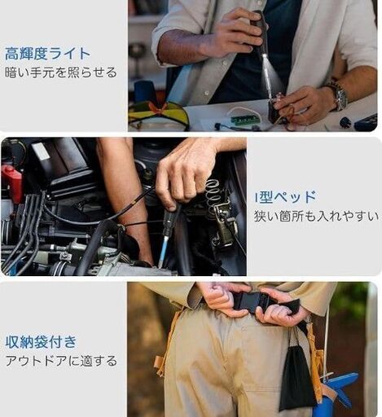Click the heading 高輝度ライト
(x=47, y=54)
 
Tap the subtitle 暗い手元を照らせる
(x=61, y=72)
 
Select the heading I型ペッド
(x=286, y=197)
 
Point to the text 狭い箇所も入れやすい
(x=316, y=216)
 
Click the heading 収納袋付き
(x=42, y=342)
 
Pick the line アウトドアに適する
(x=61, y=361)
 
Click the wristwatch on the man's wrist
(x=340, y=95)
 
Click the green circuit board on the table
(x=244, y=120)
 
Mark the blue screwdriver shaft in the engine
(x=164, y=251)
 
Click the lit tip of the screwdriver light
(x=264, y=56)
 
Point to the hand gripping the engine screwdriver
(x=186, y=173)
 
